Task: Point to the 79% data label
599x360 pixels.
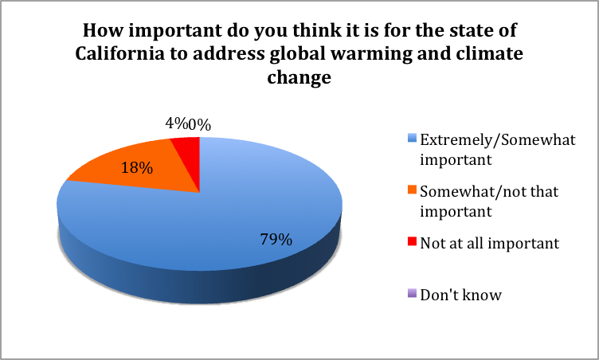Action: tap(276, 240)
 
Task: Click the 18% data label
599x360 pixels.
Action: tap(137, 168)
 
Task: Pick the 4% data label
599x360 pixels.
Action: tap(177, 123)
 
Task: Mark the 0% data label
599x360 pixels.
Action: tap(199, 125)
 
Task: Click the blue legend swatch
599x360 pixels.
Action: tap(412, 138)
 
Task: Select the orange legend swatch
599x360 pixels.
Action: tap(412, 190)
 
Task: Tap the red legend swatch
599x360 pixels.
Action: tap(412, 241)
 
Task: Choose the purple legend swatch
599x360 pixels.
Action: tap(412, 294)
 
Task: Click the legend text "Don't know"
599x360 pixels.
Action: tap(460, 295)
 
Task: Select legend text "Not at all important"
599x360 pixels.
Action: tap(490, 244)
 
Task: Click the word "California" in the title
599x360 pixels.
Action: tap(120, 53)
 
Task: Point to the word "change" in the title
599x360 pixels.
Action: tap(299, 77)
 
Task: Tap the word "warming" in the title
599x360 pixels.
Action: tap(370, 54)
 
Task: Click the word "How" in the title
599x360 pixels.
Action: tap(103, 30)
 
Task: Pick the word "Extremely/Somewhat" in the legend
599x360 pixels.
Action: tap(498, 140)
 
